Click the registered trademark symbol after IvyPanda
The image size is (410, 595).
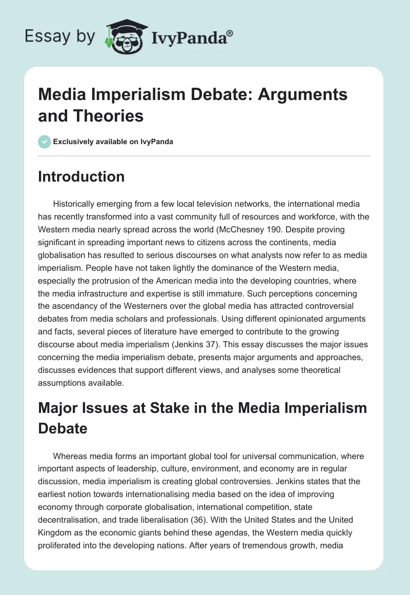coord(230,34)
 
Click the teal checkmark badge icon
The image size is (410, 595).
coord(45,142)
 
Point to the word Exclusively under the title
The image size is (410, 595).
coord(74,142)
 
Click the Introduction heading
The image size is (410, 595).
coord(81,177)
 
